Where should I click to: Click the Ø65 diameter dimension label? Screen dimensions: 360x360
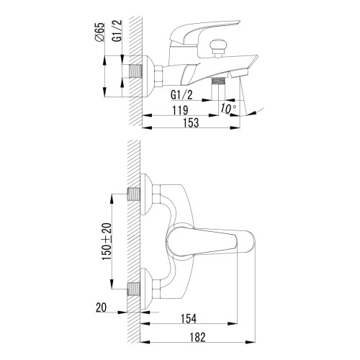(x=101, y=32)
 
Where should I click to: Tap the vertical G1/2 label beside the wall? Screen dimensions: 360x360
(x=117, y=31)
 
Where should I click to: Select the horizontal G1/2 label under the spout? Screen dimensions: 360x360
(x=181, y=95)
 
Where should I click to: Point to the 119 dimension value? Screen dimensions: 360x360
(x=180, y=110)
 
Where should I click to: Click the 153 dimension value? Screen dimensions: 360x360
(x=191, y=122)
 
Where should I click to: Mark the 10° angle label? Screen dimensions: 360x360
(x=228, y=108)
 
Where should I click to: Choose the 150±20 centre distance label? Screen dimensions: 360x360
(x=107, y=241)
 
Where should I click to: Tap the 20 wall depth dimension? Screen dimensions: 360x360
(x=101, y=307)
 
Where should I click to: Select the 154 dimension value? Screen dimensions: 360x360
(x=189, y=319)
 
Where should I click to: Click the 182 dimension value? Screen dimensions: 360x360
(x=197, y=337)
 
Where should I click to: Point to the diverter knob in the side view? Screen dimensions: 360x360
(x=218, y=48)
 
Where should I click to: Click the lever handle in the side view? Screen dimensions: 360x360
(x=204, y=32)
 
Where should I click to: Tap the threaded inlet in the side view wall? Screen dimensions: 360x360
(x=136, y=71)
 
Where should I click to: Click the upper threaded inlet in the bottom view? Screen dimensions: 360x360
(x=134, y=194)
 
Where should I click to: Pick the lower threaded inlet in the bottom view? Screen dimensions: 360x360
(x=134, y=289)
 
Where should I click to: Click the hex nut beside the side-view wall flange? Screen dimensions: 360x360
(x=158, y=76)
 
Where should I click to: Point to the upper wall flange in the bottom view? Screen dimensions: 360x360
(x=146, y=194)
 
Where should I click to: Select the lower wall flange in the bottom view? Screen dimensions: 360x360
(x=146, y=289)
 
